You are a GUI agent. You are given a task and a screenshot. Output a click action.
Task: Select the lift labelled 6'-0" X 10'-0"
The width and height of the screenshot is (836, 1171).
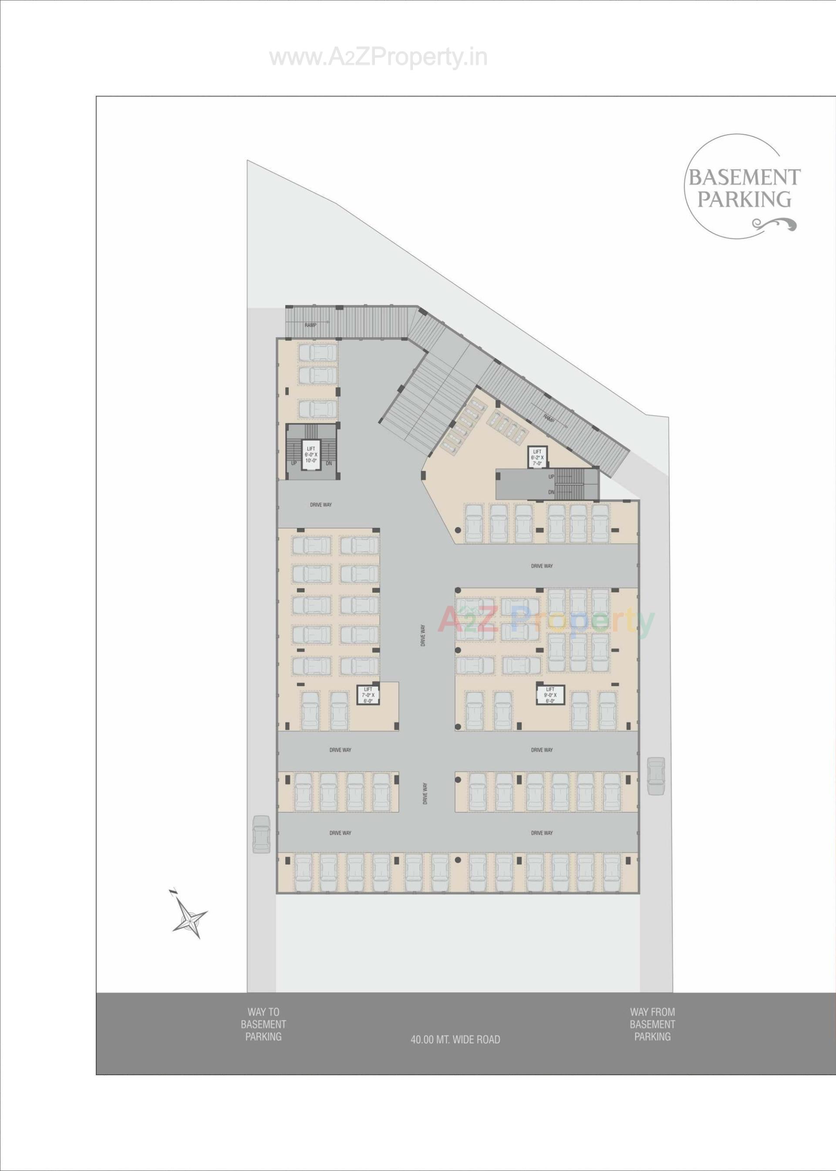pos(311,455)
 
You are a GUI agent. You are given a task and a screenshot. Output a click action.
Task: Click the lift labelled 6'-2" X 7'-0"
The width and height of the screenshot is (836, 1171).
pos(537,456)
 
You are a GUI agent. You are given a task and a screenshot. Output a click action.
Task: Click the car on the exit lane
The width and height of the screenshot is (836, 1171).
pos(656,776)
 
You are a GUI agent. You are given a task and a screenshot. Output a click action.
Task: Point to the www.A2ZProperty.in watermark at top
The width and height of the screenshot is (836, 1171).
pos(378,57)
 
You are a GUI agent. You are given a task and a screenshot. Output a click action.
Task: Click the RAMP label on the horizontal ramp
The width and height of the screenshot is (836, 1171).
pos(310,325)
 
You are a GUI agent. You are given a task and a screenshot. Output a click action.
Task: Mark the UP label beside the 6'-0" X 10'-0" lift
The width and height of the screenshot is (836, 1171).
pos(294,463)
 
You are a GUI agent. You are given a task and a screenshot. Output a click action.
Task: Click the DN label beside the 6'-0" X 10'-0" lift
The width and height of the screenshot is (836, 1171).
pos(329,463)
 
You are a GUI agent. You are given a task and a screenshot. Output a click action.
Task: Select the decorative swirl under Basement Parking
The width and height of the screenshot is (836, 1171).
pos(774,224)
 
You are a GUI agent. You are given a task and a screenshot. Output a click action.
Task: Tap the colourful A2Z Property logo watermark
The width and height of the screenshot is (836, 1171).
pos(546,622)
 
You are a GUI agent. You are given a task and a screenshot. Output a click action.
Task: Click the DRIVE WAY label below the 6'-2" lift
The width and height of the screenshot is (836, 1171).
pos(542,566)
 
